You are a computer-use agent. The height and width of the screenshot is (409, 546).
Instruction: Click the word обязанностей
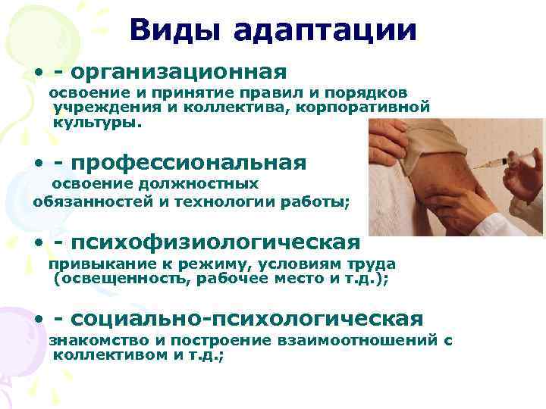(x=83, y=201)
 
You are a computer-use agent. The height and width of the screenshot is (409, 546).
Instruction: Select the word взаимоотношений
(x=357, y=341)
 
